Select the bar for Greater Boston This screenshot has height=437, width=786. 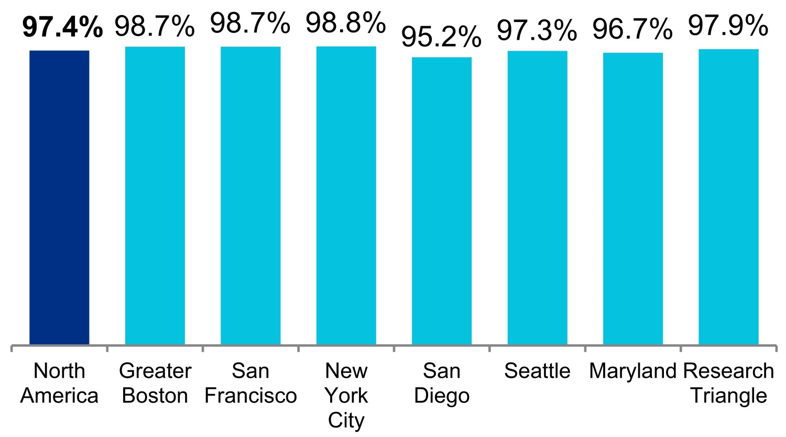tap(155, 195)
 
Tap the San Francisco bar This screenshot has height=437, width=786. tap(250, 195)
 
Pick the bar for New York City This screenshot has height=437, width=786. tap(346, 195)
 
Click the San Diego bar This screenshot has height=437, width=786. tap(442, 201)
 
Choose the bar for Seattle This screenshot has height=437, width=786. tap(538, 198)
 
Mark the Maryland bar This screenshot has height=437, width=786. tap(633, 199)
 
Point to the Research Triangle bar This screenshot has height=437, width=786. tap(729, 196)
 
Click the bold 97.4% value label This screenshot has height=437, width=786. tap(62, 27)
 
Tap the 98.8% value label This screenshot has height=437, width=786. tap(346, 23)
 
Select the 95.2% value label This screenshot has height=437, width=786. tap(441, 37)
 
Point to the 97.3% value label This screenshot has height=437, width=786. tap(537, 30)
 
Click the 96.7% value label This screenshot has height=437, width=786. tap(632, 29)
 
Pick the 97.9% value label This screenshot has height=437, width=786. tap(728, 25)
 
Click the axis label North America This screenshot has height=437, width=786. tap(59, 383)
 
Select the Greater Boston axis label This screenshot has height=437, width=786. tap(155, 383)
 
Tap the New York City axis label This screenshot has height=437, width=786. tap(346, 396)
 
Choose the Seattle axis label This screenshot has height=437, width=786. tap(537, 371)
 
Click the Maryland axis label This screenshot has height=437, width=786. tap(632, 372)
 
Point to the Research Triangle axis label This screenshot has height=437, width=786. tap(729, 383)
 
